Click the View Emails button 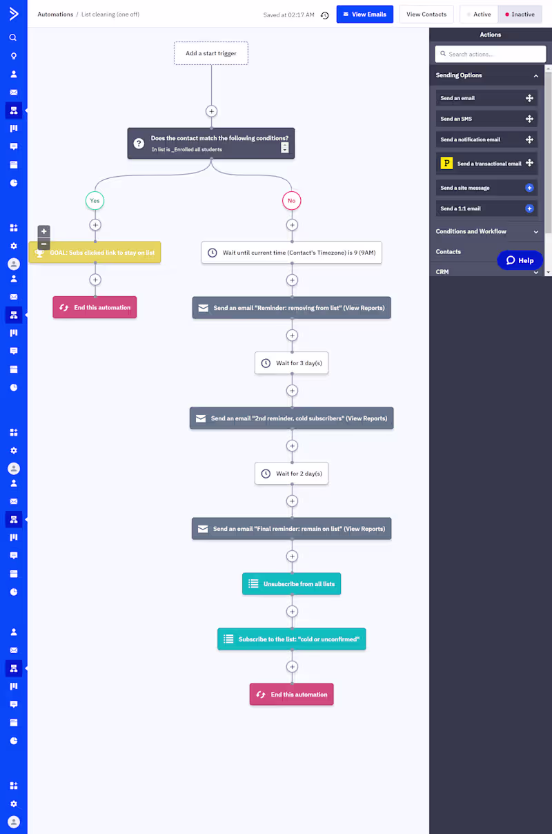click(x=364, y=14)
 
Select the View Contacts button click(x=426, y=14)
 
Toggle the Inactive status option click(x=520, y=14)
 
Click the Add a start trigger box click(x=211, y=53)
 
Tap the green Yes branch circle click(x=95, y=201)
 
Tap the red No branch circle click(x=291, y=201)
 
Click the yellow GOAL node click(x=95, y=253)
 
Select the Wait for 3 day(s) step click(x=291, y=363)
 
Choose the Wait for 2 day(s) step click(x=291, y=474)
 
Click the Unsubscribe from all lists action click(x=291, y=584)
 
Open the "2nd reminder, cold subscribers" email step click(x=291, y=418)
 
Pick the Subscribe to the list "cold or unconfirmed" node click(x=291, y=639)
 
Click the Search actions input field click(x=490, y=54)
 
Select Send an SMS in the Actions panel click(x=486, y=119)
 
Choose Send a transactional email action click(x=486, y=164)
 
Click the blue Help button click(x=520, y=260)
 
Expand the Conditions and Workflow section click(x=486, y=231)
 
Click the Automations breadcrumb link click(x=55, y=14)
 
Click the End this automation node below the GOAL click(x=95, y=308)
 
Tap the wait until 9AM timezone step click(x=291, y=253)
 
